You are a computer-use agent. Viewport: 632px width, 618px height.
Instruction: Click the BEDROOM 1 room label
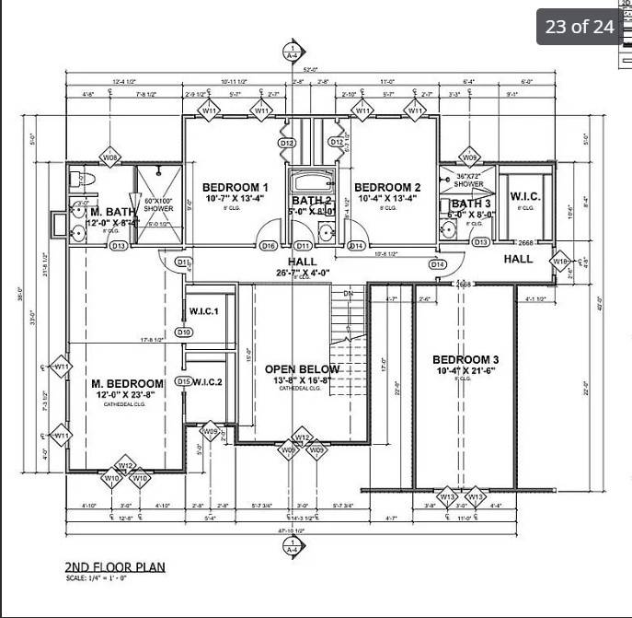235,187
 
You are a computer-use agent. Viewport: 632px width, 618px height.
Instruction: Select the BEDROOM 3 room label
465,359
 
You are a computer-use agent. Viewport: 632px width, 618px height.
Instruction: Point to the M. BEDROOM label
127,383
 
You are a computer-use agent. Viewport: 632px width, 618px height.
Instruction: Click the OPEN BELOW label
302,369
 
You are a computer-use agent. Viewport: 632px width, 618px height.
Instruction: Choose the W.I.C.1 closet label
203,311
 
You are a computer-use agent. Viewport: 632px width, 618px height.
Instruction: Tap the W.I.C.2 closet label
208,381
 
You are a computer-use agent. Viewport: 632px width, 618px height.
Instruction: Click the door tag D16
269,246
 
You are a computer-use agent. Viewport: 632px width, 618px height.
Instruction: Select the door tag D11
304,246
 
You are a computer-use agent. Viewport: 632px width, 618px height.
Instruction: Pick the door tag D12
287,144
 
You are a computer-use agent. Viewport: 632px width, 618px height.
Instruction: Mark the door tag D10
183,332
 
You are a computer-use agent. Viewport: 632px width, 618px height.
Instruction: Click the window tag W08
110,157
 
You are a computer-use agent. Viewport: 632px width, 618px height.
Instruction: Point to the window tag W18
560,262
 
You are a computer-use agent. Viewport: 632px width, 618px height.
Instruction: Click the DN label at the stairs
348,294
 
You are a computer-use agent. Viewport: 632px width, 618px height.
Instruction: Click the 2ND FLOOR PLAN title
115,567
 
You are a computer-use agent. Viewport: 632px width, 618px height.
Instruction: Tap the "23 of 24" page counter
580,26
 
